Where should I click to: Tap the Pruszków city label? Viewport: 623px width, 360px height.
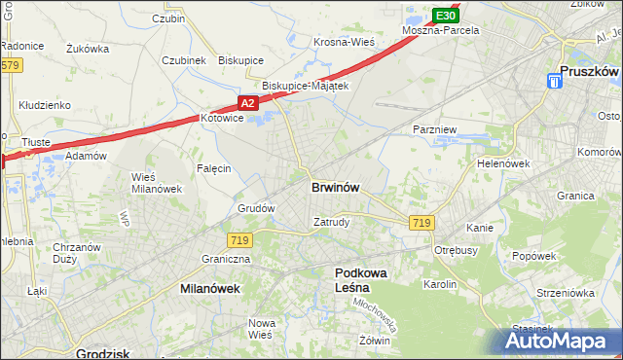(591, 70)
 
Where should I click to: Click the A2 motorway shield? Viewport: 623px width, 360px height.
(248, 102)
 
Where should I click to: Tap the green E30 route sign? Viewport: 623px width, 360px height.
(445, 17)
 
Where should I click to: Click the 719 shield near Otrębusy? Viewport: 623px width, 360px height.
(421, 223)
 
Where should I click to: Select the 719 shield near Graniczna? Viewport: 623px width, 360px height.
(240, 239)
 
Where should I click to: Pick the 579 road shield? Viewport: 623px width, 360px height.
(10, 65)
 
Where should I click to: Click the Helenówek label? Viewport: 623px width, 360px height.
(502, 163)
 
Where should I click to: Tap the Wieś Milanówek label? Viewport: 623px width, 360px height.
(150, 182)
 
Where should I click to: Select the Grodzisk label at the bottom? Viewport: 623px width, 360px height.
(103, 353)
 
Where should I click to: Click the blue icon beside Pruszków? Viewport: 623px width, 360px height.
(554, 82)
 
